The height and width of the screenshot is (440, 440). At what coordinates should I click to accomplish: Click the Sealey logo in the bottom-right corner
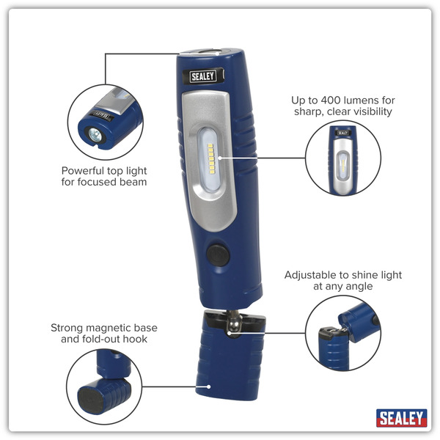(401, 418)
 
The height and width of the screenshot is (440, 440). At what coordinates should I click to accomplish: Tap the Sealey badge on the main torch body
(203, 76)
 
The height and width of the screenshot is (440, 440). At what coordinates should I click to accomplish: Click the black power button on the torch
(218, 256)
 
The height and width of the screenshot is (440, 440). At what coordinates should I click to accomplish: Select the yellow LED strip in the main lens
(211, 157)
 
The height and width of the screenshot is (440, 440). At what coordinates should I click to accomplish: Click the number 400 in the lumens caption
(340, 99)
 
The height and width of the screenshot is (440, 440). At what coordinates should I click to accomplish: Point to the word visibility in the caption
(368, 111)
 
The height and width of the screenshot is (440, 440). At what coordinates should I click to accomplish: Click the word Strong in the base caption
(67, 328)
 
